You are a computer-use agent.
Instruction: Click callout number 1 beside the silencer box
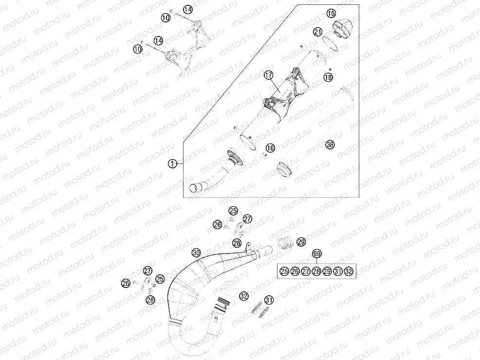pos(173,164)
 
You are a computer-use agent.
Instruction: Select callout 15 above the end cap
pos(331,14)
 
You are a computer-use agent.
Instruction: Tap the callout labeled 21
pos(318,32)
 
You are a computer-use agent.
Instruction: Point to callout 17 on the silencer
pos(268,75)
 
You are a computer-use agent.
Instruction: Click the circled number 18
pos(328,77)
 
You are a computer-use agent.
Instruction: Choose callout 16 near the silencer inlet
pos(270,148)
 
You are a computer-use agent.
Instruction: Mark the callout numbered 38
pos(330,144)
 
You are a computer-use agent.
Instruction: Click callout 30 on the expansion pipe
pos(196,252)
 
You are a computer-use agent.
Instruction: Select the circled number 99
pos(317,253)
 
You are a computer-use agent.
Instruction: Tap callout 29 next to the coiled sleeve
pos(301,242)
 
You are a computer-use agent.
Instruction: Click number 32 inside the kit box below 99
pos(349,271)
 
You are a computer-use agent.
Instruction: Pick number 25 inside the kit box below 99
pos(284,271)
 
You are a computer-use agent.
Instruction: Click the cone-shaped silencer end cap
pos(342,29)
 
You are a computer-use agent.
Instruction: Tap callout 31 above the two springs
pos(269,300)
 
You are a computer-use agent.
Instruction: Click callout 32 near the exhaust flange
pos(244,296)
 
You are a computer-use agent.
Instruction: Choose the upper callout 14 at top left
pos(188,10)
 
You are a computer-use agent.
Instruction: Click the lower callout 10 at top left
pos(138,49)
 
